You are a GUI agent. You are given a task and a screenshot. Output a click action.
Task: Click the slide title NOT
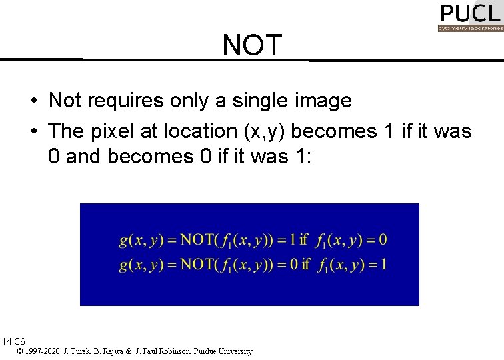pyautogui.click(x=253, y=45)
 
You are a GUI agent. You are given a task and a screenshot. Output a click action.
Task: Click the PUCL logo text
pyautogui.click(x=469, y=13)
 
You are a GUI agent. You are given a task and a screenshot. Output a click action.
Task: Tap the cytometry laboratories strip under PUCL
pyautogui.click(x=470, y=29)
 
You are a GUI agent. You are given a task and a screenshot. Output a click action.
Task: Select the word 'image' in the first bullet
pyautogui.click(x=325, y=101)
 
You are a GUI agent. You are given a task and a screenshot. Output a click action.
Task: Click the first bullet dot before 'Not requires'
pyautogui.click(x=33, y=101)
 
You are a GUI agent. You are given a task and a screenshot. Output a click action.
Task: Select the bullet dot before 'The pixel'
pyautogui.click(x=33, y=131)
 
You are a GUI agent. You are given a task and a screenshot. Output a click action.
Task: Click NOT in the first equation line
pyautogui.click(x=198, y=239)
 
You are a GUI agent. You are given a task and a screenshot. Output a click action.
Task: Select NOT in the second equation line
pyautogui.click(x=198, y=265)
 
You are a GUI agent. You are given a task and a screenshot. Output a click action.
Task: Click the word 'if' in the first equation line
pyautogui.click(x=305, y=239)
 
